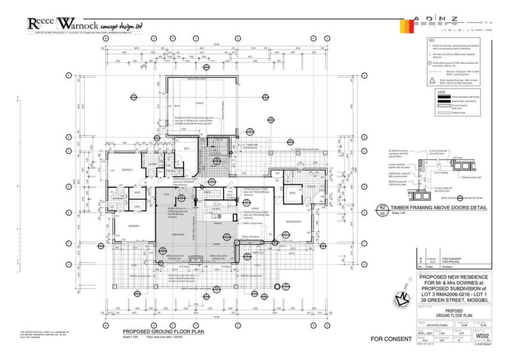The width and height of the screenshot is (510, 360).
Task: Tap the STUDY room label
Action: coord(166,195)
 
